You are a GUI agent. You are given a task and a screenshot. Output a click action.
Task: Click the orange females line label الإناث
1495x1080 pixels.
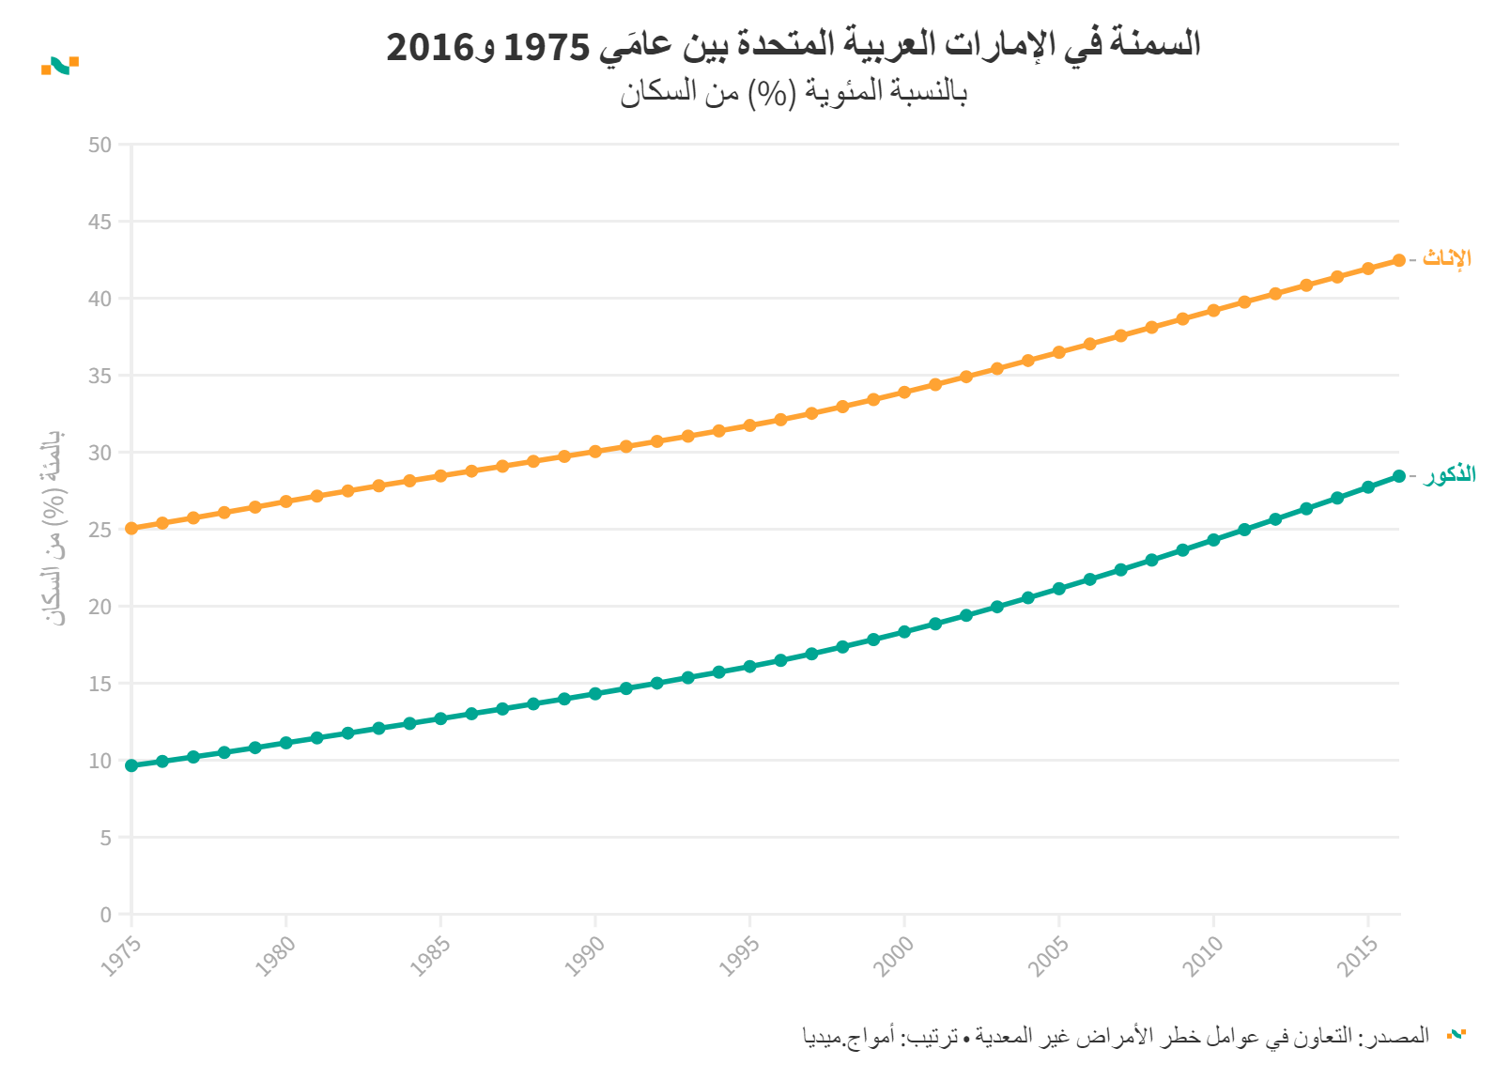(1446, 258)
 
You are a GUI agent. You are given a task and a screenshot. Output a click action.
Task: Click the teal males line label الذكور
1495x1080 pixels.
(1449, 475)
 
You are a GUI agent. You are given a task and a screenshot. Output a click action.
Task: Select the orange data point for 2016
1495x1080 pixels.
(1398, 260)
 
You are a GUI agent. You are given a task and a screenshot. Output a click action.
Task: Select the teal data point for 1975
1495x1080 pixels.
(131, 765)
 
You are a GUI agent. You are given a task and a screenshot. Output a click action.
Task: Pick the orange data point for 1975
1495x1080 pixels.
(131, 528)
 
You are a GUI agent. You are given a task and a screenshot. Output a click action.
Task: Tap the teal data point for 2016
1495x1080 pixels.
(1398, 476)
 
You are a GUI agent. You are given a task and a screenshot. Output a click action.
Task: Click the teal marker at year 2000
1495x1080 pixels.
(904, 632)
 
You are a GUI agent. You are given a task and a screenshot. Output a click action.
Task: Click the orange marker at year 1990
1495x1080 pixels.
(595, 452)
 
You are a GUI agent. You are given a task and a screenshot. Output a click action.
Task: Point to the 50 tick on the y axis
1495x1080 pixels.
(100, 145)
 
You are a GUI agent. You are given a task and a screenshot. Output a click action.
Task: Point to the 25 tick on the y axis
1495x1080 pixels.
(100, 530)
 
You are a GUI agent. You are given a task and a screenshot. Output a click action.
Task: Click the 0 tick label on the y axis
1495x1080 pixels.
(106, 915)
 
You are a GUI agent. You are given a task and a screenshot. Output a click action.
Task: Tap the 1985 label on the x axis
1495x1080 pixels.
(430, 956)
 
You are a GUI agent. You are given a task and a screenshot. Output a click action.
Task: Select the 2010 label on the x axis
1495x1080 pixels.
(1203, 956)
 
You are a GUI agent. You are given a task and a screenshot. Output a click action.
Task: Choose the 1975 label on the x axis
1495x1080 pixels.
(121, 956)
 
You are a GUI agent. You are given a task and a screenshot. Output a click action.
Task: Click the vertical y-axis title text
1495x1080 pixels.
(54, 528)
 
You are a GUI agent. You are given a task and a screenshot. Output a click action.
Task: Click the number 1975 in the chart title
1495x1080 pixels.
(547, 46)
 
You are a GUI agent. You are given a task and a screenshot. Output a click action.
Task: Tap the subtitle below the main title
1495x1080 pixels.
(794, 92)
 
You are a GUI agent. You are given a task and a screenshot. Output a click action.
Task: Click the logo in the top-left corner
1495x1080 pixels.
(60, 65)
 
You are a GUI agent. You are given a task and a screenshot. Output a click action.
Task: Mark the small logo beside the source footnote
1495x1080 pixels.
(1456, 1034)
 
